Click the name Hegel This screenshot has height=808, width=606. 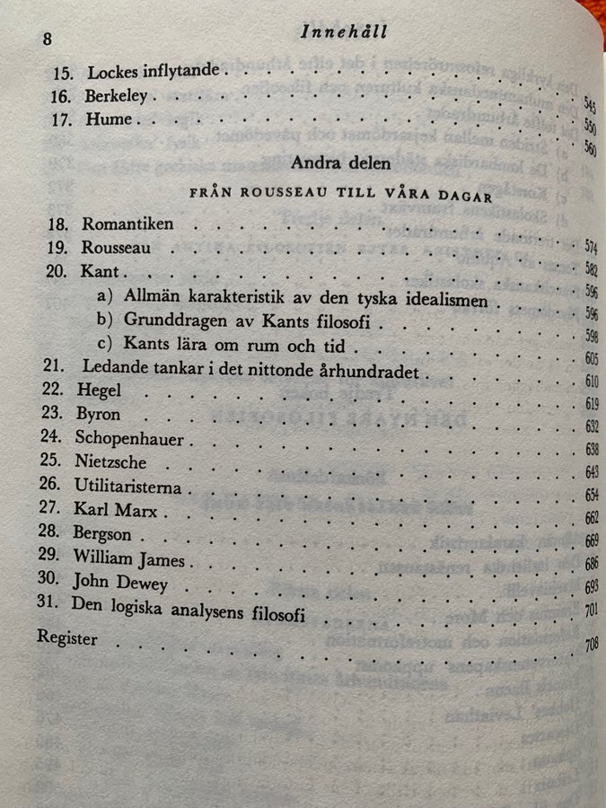(x=102, y=392)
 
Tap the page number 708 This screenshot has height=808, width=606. (x=591, y=644)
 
